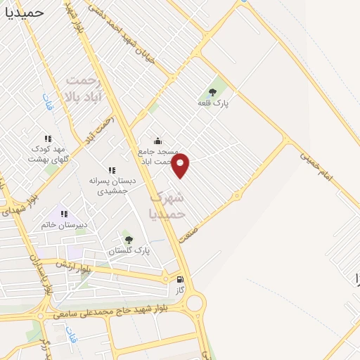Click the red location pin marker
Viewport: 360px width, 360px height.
click(x=181, y=165)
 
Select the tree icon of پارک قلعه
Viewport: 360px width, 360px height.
click(x=212, y=92)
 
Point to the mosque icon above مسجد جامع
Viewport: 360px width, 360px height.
click(x=157, y=141)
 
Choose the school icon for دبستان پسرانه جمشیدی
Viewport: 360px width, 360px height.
click(x=111, y=170)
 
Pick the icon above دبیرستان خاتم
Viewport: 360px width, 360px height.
click(x=64, y=214)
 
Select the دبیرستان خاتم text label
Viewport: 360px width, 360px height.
click(x=65, y=225)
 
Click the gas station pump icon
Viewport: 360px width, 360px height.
click(x=180, y=279)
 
